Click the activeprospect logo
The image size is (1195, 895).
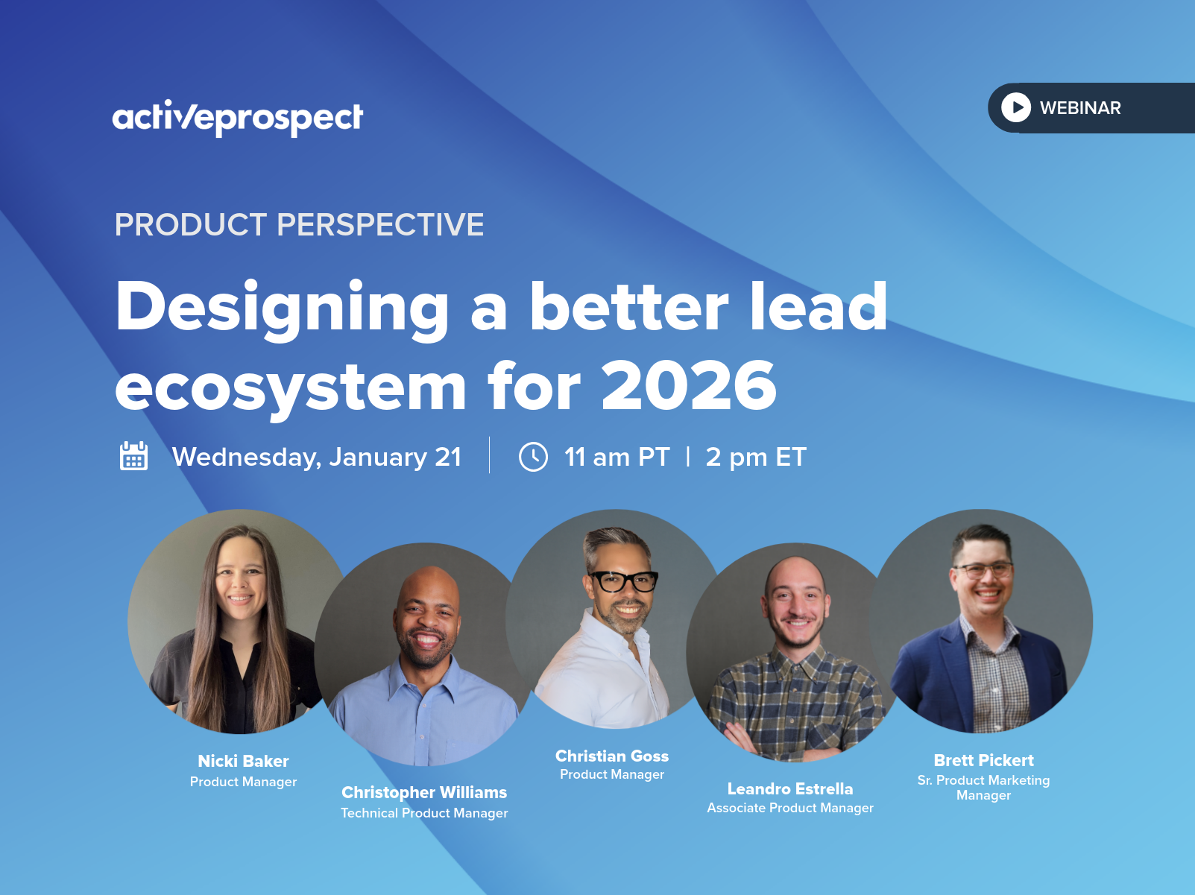(x=237, y=118)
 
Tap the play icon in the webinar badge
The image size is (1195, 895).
(x=1016, y=107)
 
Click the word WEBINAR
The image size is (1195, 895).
(x=1080, y=108)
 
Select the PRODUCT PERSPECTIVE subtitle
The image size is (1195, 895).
(x=299, y=224)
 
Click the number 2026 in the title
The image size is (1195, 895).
(x=689, y=386)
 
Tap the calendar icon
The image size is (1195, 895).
(x=133, y=456)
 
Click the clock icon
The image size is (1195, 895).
(x=533, y=457)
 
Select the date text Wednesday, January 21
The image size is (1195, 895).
(x=317, y=457)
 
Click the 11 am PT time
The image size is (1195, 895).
(x=617, y=457)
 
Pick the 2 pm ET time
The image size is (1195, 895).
(x=756, y=457)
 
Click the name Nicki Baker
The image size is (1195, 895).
(x=243, y=761)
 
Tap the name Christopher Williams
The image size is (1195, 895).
(x=424, y=793)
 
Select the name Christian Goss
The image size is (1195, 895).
(x=612, y=756)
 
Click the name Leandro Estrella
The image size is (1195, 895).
(x=790, y=788)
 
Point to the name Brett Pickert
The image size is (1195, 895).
(x=983, y=760)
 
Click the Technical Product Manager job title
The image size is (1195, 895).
(x=424, y=813)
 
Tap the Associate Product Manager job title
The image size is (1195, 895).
(x=790, y=808)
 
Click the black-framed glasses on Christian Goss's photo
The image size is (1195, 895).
(x=624, y=581)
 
